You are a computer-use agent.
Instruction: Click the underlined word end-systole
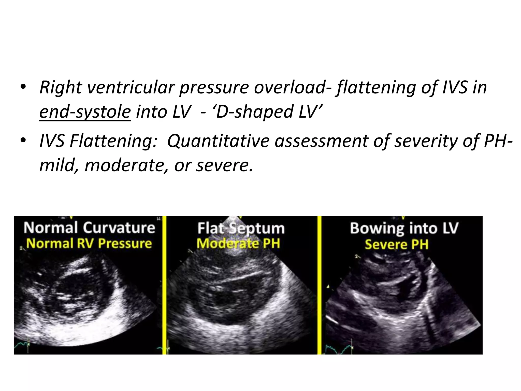click(x=85, y=112)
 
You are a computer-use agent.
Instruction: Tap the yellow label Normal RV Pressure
click(x=89, y=243)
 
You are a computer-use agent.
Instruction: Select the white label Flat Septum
click(x=241, y=228)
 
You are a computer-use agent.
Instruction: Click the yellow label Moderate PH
click(x=238, y=244)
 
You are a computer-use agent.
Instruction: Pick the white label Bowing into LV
click(x=404, y=228)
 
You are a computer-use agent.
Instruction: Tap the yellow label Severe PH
click(x=397, y=244)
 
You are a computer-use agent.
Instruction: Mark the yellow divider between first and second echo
click(x=164, y=285)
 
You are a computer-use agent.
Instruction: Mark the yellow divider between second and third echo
click(x=319, y=285)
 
